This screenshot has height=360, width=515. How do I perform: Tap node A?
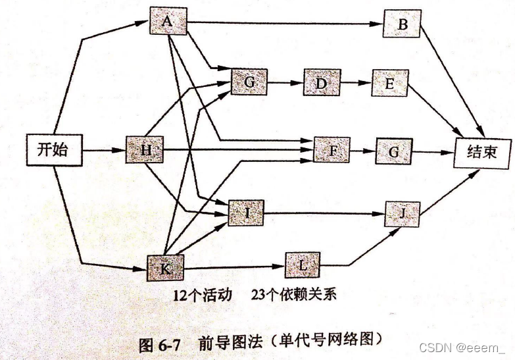168,22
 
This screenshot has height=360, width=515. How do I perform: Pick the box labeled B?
403,25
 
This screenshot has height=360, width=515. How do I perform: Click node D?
321,84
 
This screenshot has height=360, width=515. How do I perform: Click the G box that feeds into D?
249,82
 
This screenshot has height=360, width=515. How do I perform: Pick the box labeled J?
403,213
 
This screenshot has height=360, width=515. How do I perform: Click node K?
165,268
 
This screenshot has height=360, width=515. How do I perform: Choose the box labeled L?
303,265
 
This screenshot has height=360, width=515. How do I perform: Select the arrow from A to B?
283,24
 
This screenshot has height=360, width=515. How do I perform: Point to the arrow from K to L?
230,267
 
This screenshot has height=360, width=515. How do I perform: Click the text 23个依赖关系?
293,294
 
